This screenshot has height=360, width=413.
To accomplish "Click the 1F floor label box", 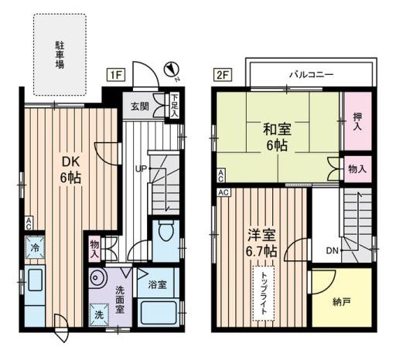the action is (x=116, y=75).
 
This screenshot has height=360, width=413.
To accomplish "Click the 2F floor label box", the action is (x=223, y=75).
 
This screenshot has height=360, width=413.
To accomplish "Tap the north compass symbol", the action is (x=172, y=70).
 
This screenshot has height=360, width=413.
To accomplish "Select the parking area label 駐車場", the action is (x=60, y=55).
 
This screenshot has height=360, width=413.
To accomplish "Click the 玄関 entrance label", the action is (x=140, y=107).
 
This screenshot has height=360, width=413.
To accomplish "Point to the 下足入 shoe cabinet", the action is (x=174, y=106).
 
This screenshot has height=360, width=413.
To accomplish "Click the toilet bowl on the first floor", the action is (x=166, y=230).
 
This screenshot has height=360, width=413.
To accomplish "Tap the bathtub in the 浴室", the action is (x=159, y=313).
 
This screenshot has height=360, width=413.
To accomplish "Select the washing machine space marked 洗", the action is (x=99, y=314).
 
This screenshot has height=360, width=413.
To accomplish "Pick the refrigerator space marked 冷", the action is (x=35, y=248).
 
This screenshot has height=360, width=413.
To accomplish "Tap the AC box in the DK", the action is (x=29, y=223).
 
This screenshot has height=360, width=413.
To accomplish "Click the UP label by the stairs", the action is (x=141, y=168).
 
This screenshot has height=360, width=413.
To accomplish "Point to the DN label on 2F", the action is (x=332, y=250).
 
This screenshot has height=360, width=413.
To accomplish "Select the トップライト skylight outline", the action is (x=264, y=294).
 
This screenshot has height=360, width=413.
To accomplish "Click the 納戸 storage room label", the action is (x=341, y=302).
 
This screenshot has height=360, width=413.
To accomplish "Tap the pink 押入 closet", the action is (x=357, y=121).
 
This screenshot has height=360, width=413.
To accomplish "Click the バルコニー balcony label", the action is (x=312, y=74).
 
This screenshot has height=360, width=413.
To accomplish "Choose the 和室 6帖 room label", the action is (x=277, y=137).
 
